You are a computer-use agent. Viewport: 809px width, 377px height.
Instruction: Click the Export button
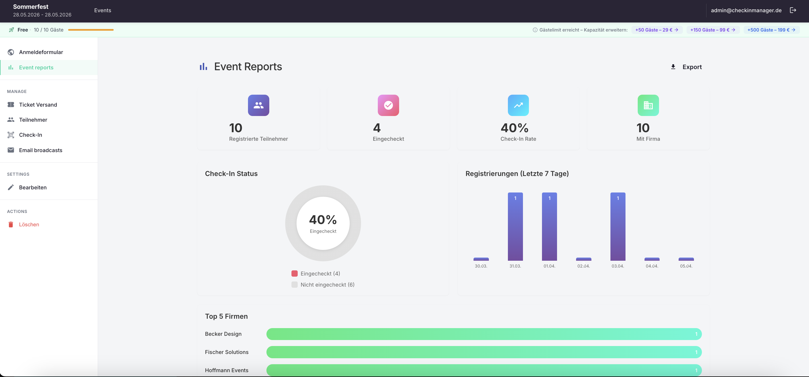686,67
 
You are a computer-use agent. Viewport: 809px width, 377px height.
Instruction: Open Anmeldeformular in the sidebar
41,52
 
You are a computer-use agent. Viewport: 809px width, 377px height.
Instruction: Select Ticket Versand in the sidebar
38,105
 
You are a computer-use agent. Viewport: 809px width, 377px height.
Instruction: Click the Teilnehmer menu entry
33,120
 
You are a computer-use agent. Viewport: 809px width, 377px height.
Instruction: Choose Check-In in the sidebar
30,135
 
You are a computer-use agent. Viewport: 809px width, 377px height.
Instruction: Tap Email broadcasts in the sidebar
41,150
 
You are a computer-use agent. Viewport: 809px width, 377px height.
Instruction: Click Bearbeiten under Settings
33,187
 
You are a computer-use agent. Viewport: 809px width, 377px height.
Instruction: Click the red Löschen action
29,225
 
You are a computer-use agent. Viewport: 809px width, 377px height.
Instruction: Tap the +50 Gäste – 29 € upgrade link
656,30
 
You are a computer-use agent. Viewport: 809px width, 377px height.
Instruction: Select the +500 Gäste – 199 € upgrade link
771,30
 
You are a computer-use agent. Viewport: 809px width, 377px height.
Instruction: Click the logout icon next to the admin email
793,10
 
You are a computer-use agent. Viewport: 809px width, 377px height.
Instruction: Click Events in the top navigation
102,10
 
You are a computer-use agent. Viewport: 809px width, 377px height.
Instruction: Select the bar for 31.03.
515,226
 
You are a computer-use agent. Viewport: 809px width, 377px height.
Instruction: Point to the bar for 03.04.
618,226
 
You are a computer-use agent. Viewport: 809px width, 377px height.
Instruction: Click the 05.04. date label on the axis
686,266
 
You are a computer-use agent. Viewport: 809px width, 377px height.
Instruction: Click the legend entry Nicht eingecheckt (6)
327,285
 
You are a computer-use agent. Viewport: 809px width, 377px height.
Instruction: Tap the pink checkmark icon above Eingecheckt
388,105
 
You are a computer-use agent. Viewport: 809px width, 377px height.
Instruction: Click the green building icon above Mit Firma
648,105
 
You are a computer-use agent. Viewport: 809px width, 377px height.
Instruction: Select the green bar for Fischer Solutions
484,352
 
